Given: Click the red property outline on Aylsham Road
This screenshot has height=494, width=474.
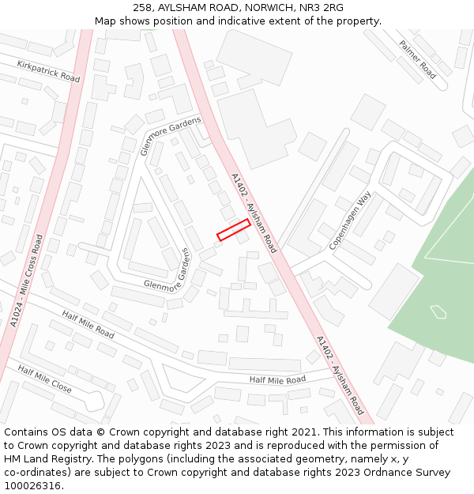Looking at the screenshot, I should (x=234, y=229).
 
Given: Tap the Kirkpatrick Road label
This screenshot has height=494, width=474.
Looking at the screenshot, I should (x=48, y=72).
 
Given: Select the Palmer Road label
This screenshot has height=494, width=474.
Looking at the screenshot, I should (x=418, y=59).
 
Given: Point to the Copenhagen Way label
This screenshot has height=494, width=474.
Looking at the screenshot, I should (x=350, y=221).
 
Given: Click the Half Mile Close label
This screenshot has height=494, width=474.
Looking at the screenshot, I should (x=44, y=379).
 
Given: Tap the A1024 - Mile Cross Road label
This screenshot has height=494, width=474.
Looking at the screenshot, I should (x=27, y=281).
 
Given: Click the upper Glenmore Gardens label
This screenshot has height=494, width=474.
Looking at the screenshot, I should (x=171, y=135).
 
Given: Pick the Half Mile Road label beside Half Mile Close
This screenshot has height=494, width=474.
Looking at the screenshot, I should (x=88, y=324).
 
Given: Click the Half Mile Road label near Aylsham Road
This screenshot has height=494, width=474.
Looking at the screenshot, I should (x=277, y=379).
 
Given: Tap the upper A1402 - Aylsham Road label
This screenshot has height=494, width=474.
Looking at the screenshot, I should (x=254, y=209).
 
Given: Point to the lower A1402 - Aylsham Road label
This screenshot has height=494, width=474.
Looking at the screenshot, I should (x=340, y=375).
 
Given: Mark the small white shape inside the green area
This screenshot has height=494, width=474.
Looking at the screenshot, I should (x=438, y=311).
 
